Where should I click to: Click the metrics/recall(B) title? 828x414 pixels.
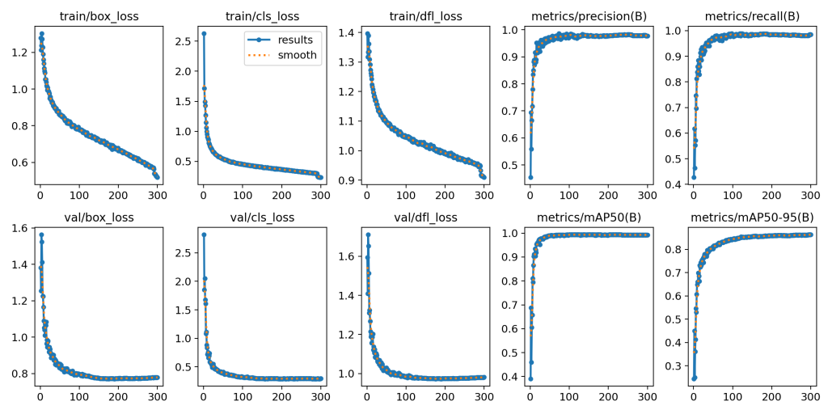click(x=752, y=16)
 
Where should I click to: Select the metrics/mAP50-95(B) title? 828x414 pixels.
click(x=752, y=218)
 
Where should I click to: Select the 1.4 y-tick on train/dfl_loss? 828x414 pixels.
click(x=347, y=32)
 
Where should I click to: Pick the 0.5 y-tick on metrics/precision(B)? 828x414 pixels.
click(x=510, y=166)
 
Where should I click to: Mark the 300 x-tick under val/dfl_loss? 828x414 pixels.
click(x=484, y=397)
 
